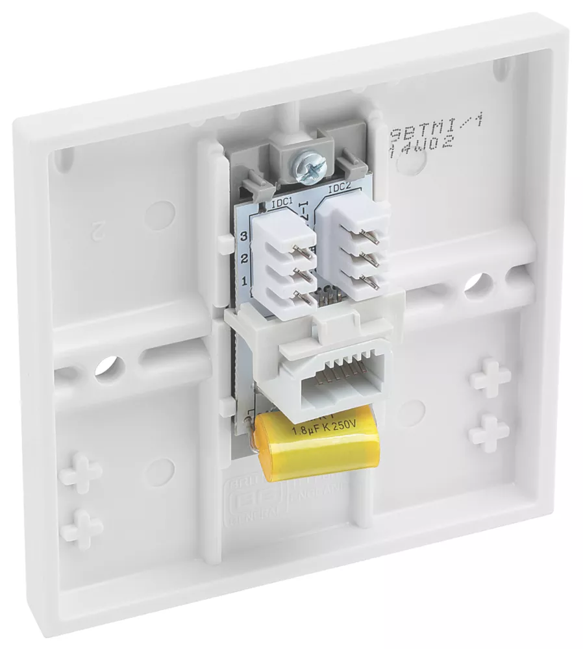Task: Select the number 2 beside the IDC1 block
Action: (x=245, y=259)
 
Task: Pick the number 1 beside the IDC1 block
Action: (x=245, y=282)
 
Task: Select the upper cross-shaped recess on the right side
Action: (x=490, y=377)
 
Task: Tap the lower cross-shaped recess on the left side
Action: (x=82, y=528)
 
